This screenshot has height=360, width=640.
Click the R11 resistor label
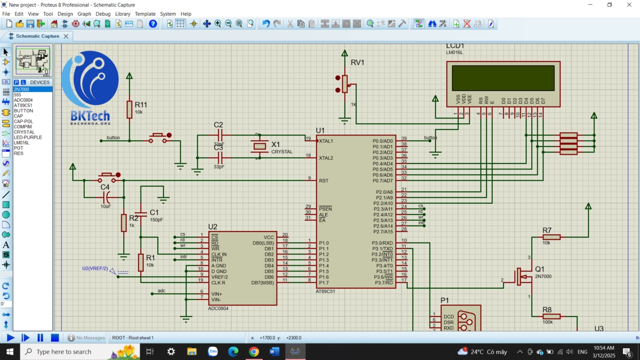pos(141,105)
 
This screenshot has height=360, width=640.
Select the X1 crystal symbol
pos(260,146)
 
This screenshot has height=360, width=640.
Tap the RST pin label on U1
pos(324,181)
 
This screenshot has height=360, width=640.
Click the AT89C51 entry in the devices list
pos(23,105)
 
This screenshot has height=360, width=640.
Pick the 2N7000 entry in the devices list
pos(22,89)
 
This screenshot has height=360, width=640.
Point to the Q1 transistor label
pos(540,269)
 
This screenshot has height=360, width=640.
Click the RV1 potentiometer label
pos(357,62)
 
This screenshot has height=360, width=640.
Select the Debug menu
pos(103,14)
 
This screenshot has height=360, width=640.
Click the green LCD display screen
pos(503,78)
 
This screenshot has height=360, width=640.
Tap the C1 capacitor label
pos(154,212)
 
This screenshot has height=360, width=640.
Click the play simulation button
pos(11,337)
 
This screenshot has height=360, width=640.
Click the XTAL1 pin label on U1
pos(326,141)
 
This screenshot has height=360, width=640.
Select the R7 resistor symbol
pos(551,237)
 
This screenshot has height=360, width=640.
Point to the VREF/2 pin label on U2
pos(219,277)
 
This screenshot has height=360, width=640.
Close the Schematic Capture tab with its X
pos(66,36)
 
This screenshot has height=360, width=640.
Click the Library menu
pos(122,14)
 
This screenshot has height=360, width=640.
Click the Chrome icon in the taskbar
pos(254,352)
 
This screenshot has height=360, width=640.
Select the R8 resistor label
pos(547,310)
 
